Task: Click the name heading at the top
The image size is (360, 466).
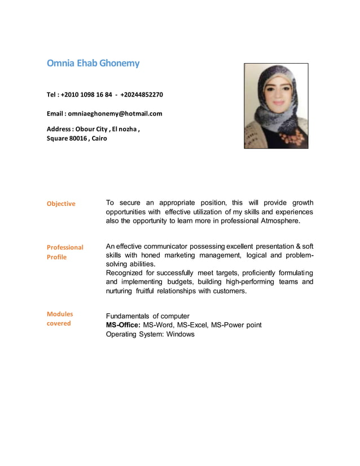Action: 93,63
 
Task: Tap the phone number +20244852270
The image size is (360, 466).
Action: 142,94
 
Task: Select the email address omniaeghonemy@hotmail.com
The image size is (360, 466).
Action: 115,113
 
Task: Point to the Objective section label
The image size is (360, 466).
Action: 60,204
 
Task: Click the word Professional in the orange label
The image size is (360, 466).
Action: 64,247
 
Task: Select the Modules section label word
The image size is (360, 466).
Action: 59,314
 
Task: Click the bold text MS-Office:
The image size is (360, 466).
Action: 123,325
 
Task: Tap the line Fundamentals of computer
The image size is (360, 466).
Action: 147,316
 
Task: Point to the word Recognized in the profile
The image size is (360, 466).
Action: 126,273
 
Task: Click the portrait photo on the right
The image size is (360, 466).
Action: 275,105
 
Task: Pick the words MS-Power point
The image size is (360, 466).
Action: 240,325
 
